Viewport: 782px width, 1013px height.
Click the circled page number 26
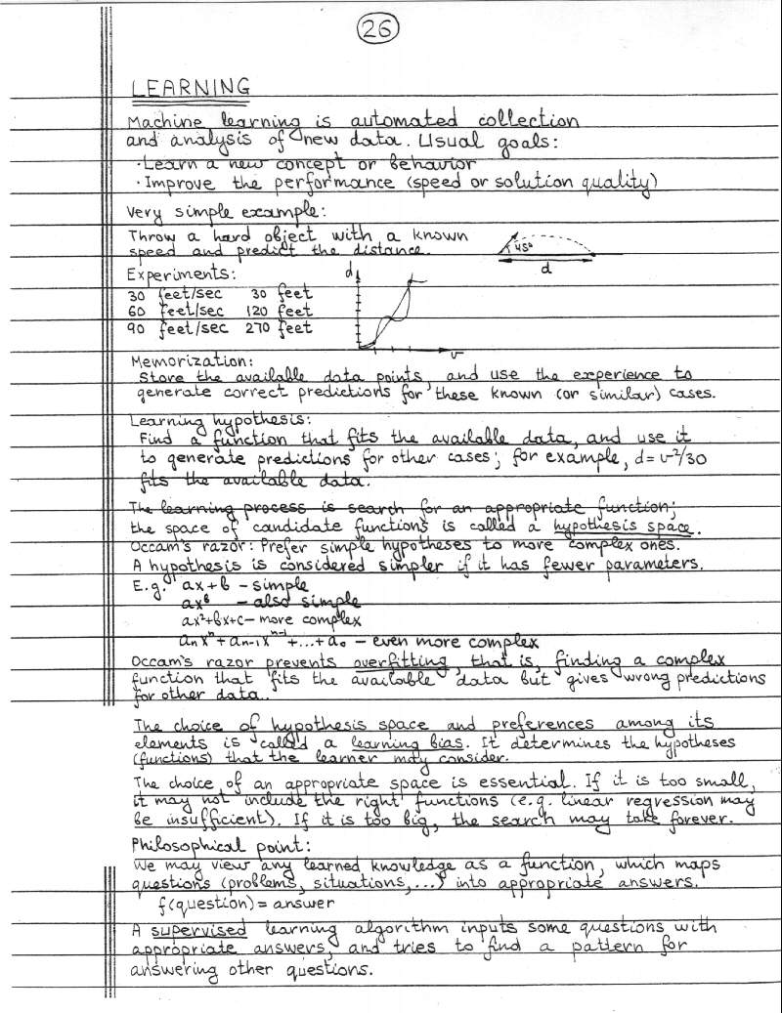pyautogui.click(x=376, y=30)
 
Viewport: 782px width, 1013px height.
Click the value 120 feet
pyautogui.click(x=279, y=311)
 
